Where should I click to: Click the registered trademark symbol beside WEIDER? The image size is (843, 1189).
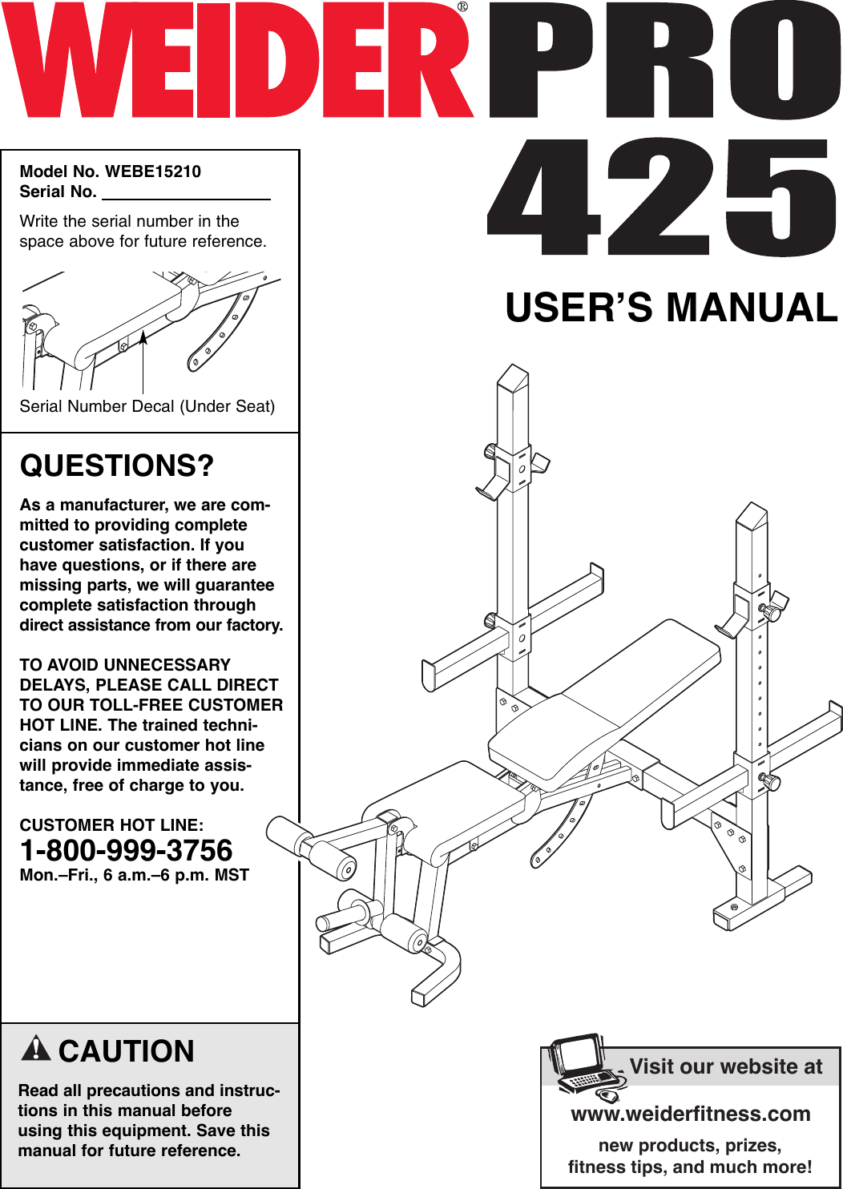[462, 7]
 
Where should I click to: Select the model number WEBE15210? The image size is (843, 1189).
[153, 171]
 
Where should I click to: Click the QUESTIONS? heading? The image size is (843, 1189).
[117, 466]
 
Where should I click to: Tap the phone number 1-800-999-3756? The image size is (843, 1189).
[126, 850]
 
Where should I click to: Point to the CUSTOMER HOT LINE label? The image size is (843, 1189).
[111, 825]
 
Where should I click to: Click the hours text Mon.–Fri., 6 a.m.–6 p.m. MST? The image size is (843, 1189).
[134, 875]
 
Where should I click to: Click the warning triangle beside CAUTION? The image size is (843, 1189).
[36, 1048]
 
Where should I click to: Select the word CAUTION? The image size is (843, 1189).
[127, 1051]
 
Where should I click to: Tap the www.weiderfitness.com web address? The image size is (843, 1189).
[690, 1114]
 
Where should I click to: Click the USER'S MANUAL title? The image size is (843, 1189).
[671, 308]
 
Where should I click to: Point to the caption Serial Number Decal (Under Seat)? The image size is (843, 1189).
[147, 406]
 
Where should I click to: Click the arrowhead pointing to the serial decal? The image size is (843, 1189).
[143, 337]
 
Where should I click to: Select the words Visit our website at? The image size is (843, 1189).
[725, 1066]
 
